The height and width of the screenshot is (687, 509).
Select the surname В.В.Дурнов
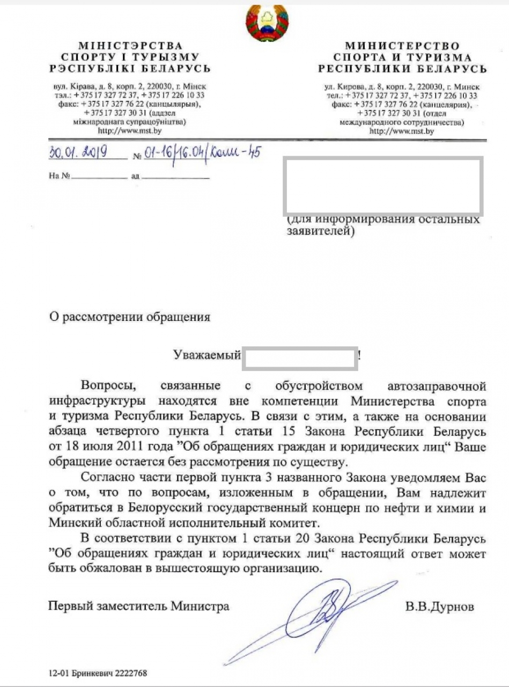pyautogui.click(x=440, y=606)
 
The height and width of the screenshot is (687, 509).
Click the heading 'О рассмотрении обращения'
pyautogui.click(x=129, y=316)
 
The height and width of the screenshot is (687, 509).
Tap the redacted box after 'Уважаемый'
pyautogui.click(x=300, y=359)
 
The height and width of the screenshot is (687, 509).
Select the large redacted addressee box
pyautogui.click(x=383, y=185)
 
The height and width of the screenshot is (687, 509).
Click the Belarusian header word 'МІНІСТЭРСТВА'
pyautogui.click(x=130, y=46)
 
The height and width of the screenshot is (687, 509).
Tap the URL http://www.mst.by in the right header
pyautogui.click(x=402, y=130)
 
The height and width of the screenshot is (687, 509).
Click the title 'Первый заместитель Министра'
pyautogui.click(x=138, y=606)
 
